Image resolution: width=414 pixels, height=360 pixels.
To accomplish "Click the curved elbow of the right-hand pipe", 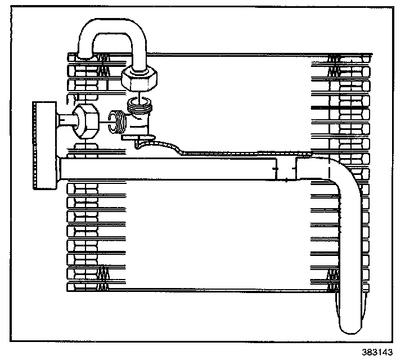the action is click(x=337, y=174).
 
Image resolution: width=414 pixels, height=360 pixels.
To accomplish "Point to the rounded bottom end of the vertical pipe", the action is click(x=348, y=326).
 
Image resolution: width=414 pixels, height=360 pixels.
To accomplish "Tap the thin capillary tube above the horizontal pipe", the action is click(x=225, y=152).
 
